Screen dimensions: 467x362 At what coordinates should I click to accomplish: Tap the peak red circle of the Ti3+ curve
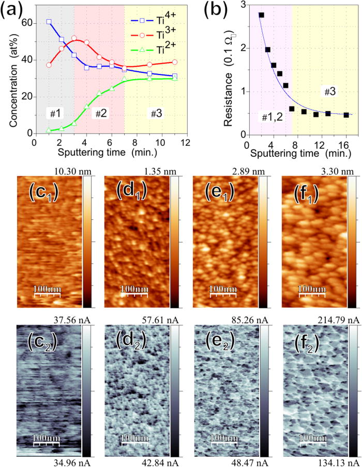coord(74,38)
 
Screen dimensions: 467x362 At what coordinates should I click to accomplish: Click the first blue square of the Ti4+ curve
coord(49,22)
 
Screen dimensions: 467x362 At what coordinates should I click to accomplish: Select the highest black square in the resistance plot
coord(261,15)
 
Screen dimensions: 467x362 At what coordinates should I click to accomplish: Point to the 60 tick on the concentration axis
coord(26,23)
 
